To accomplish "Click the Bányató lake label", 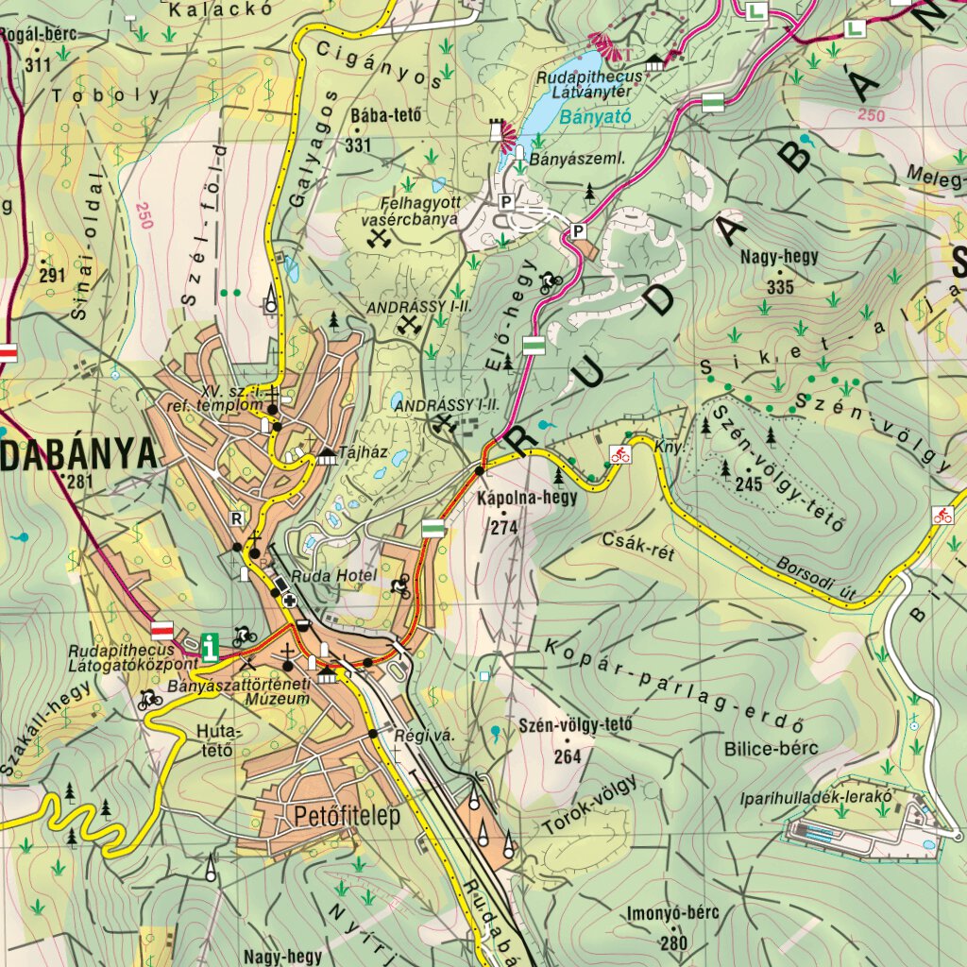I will (x=581, y=118).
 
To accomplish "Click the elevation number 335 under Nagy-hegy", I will (x=780, y=287).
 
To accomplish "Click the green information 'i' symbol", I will (x=210, y=647).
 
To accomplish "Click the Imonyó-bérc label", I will (x=672, y=913).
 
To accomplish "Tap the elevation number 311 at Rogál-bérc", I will (x=38, y=65).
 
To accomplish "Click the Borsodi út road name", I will (x=816, y=578).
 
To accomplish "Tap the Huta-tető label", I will (x=220, y=741).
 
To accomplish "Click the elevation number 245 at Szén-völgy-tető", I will (x=748, y=484).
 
